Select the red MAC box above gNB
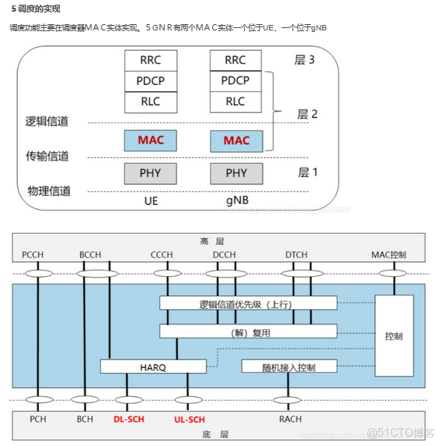pos(236,140)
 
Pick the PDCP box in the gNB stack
pos(236,80)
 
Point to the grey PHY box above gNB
pos(236,173)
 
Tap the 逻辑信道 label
pos(47,121)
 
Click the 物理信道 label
pos(49,190)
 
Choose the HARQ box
pos(154,366)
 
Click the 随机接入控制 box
pos(289,366)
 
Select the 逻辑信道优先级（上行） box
pos(249,303)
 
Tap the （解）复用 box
pos(249,331)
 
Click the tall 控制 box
pos(394,336)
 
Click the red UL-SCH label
pos(188,419)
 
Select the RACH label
pos(290,419)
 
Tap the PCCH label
pos(34,254)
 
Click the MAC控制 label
pos(390,254)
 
